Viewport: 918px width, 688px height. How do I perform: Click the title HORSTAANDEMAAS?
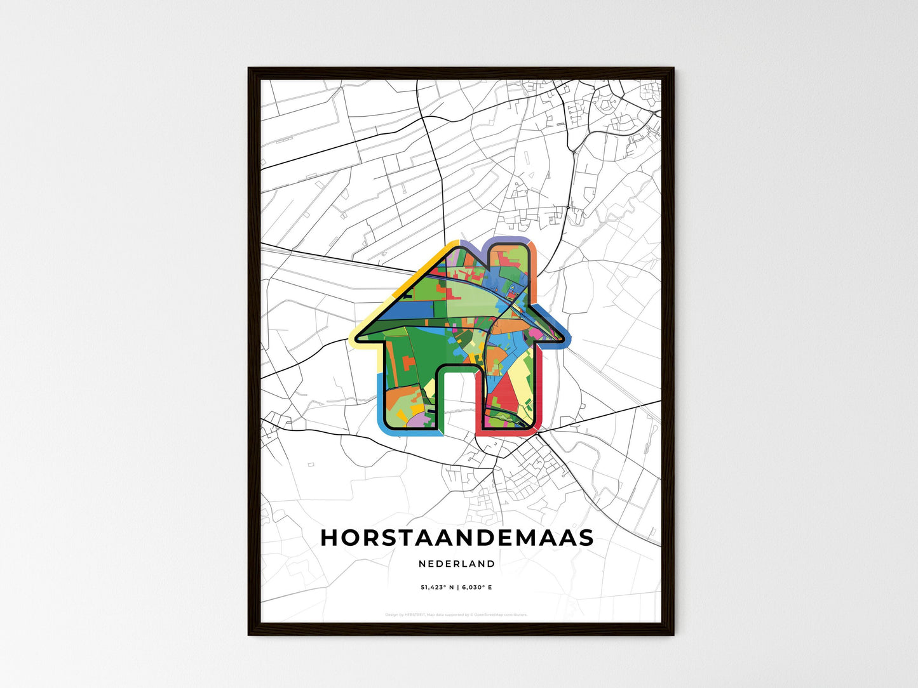[x=457, y=538]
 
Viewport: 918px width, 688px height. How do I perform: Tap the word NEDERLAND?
[x=457, y=564]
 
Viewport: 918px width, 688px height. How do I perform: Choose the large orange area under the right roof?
[x=508, y=326]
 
